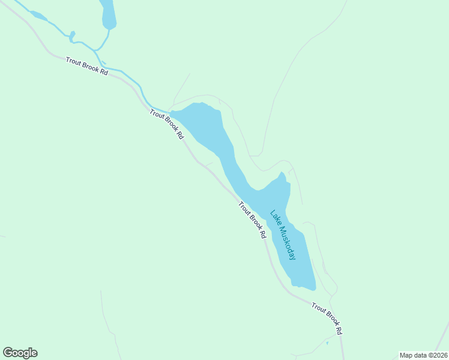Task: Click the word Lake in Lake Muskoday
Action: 275,217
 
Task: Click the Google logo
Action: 20,353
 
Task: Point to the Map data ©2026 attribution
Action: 423,355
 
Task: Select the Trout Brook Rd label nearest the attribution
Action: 327,319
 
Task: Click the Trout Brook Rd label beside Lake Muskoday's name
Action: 252,220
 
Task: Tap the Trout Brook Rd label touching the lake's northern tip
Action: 166,124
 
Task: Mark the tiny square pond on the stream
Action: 72,35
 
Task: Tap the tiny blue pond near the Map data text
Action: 327,344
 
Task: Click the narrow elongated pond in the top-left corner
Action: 38,16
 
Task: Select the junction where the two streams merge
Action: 94,50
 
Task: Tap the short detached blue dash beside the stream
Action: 103,62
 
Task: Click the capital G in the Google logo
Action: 8,353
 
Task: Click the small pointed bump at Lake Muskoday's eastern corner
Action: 282,174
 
